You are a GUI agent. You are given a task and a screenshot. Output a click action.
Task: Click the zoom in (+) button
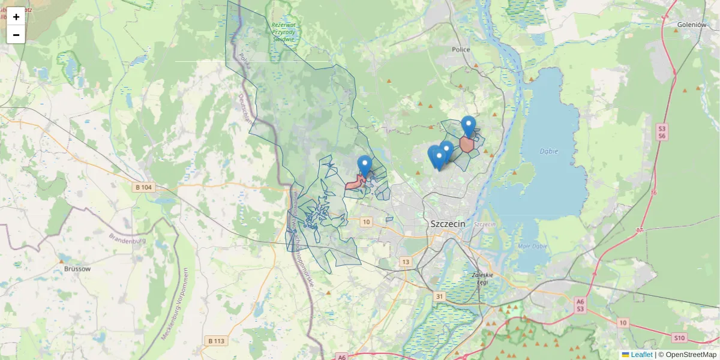16,17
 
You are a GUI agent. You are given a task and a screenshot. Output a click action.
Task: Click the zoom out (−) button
16,35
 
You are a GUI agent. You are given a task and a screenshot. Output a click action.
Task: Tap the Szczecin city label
448,223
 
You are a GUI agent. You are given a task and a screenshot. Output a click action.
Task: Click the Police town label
461,50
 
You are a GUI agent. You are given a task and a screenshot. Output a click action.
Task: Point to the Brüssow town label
77,269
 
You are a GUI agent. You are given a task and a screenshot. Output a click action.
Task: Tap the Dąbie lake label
548,151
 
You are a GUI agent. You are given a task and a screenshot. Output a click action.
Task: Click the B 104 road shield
144,188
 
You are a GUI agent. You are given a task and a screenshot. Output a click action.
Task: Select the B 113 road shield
216,341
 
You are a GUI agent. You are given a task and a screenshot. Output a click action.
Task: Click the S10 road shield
679,338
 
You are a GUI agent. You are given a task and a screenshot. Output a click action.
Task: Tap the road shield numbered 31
440,296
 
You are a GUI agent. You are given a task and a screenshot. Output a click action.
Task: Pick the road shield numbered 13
406,262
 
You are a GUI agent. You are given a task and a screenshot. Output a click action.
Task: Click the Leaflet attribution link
640,355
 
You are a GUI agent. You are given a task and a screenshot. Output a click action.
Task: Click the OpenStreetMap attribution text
691,355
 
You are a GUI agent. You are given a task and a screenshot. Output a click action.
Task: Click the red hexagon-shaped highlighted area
467,145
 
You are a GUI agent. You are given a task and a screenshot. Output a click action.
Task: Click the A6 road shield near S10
580,301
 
